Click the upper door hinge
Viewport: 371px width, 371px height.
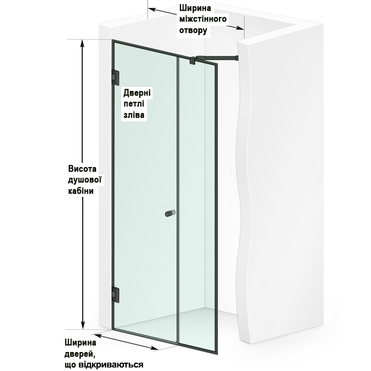point(115,78)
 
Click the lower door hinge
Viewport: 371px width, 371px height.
point(115,294)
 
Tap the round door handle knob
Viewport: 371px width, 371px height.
point(171,213)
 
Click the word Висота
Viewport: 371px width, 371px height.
point(82,169)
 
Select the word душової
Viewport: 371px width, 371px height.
point(85,180)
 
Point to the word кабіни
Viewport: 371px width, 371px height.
point(81,191)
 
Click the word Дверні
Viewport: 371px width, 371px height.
point(137,92)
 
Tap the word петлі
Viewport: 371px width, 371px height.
point(134,104)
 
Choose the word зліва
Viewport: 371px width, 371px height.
point(134,115)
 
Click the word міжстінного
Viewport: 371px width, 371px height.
point(203,19)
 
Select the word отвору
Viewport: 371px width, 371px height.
point(193,30)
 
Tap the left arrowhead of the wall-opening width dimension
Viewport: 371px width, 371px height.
point(152,9)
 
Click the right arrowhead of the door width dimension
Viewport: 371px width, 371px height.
point(154,348)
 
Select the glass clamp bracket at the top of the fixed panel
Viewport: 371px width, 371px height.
point(192,61)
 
